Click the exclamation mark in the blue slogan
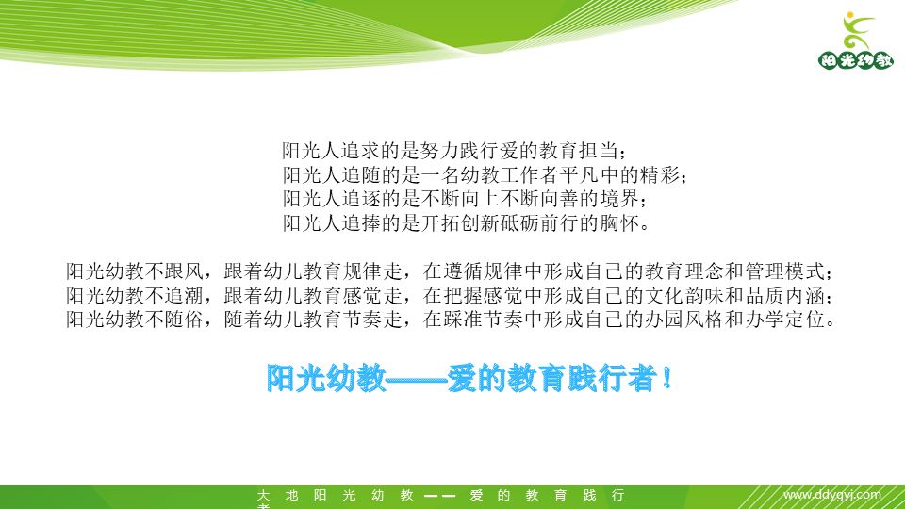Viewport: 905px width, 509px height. [666, 378]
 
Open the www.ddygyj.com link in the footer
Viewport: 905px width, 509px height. [832, 495]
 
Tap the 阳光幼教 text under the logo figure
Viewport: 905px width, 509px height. [856, 60]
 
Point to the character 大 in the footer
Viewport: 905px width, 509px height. [263, 495]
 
